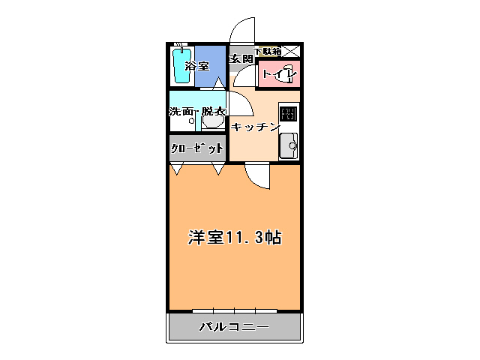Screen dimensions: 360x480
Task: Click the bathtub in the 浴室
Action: [181, 66]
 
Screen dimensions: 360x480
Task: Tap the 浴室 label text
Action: [197, 66]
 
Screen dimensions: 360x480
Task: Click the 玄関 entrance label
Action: [240, 58]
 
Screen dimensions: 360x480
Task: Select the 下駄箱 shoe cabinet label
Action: [267, 52]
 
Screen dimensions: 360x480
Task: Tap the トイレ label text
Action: [279, 76]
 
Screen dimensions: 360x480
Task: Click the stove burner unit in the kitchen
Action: [289, 114]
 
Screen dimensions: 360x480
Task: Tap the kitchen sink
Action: [289, 145]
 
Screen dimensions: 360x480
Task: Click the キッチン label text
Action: [255, 127]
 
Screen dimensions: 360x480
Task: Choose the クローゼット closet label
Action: [197, 148]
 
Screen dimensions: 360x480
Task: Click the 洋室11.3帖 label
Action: [233, 238]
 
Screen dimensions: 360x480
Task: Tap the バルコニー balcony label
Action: [233, 327]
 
